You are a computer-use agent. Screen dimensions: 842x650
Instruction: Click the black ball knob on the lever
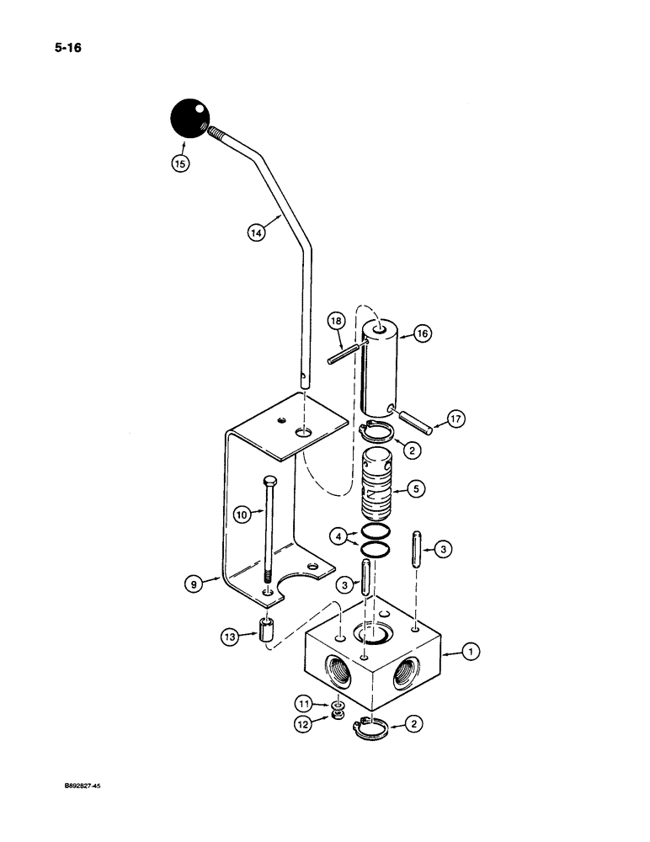(189, 119)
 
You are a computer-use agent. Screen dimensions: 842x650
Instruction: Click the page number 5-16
(64, 46)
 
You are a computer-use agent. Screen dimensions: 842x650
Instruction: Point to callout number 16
(421, 334)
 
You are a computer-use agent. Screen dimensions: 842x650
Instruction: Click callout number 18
(336, 322)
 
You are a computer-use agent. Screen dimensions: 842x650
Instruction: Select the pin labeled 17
(414, 420)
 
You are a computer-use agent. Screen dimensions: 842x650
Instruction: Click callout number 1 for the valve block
(472, 651)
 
